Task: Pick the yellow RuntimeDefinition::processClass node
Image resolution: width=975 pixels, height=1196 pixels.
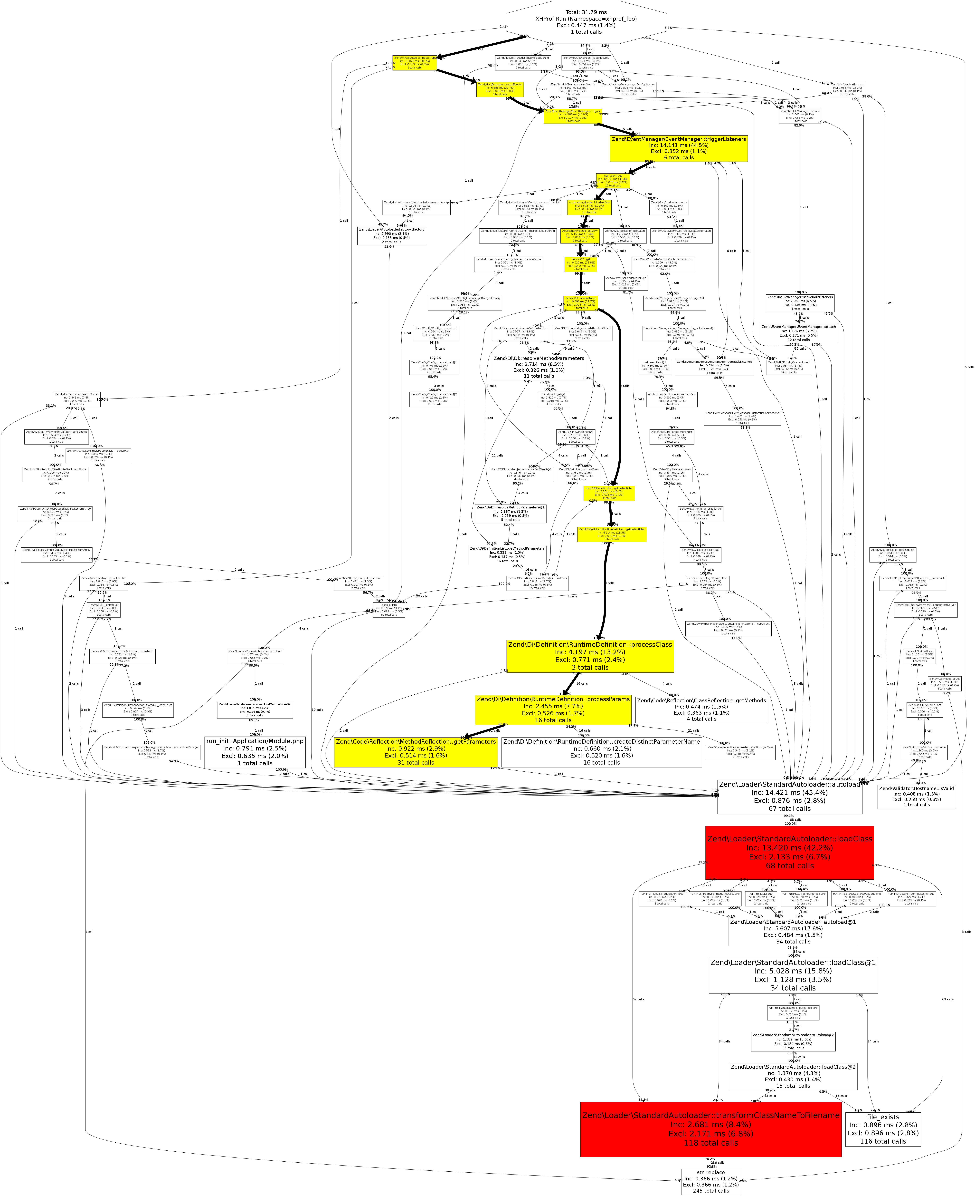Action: tap(590, 656)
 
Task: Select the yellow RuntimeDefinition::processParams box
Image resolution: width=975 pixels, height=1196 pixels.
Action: tap(553, 710)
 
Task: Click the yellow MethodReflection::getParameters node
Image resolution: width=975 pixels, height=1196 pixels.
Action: tap(416, 752)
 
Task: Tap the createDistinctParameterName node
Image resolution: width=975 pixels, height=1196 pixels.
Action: tap(602, 752)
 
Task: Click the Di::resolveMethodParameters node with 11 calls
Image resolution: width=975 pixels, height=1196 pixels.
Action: tap(538, 367)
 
